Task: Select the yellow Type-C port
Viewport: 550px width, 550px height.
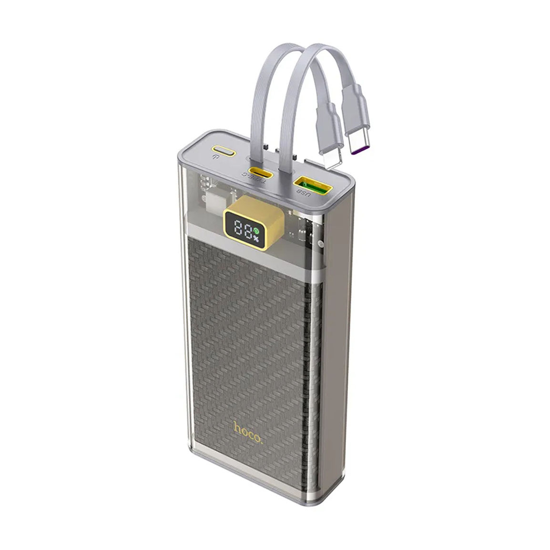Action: [x=260, y=172]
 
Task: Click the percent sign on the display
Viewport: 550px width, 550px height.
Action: [x=256, y=239]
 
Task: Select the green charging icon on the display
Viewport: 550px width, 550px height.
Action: [x=256, y=231]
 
